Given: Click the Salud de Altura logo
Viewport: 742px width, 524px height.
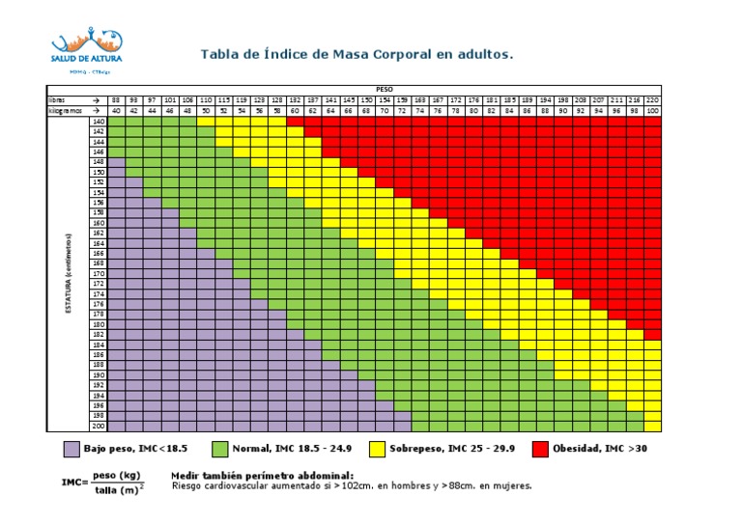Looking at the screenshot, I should tap(86, 49).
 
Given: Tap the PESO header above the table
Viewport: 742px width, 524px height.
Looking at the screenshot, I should tap(385, 89).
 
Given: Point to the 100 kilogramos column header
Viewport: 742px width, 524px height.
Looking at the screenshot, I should tap(652, 111).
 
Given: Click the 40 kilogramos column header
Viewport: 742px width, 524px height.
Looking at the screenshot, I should tap(116, 111).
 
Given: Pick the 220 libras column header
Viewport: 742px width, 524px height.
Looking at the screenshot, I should tap(652, 99).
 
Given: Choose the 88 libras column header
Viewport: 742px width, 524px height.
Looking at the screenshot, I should tap(116, 99).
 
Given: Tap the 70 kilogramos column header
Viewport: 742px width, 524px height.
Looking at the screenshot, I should tap(385, 111).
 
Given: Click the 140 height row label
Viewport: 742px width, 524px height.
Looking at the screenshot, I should tap(98, 122).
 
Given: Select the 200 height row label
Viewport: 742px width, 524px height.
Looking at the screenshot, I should tap(98, 426).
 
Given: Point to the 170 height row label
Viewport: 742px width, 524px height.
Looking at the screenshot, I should tap(98, 274).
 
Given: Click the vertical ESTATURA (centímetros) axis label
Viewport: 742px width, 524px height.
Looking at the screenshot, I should tap(69, 274).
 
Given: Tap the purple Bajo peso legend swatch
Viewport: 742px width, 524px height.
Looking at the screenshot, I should tap(71, 449).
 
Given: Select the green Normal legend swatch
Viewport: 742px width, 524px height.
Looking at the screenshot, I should tap(219, 449).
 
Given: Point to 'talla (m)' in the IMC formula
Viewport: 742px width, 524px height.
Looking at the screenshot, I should tap(119, 491).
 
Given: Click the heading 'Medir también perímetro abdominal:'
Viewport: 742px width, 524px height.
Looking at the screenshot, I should tap(262, 475).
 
